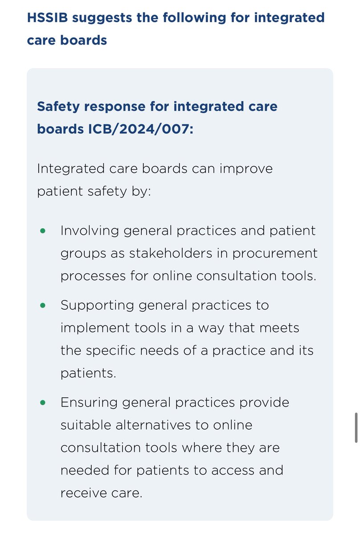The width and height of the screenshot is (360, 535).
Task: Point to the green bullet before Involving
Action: (x=43, y=231)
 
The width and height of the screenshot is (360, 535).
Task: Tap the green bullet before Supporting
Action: (x=43, y=305)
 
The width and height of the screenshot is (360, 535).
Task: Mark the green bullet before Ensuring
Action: (x=43, y=402)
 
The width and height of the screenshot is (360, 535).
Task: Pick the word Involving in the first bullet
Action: (x=89, y=231)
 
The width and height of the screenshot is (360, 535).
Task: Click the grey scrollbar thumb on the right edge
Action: (x=356, y=428)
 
